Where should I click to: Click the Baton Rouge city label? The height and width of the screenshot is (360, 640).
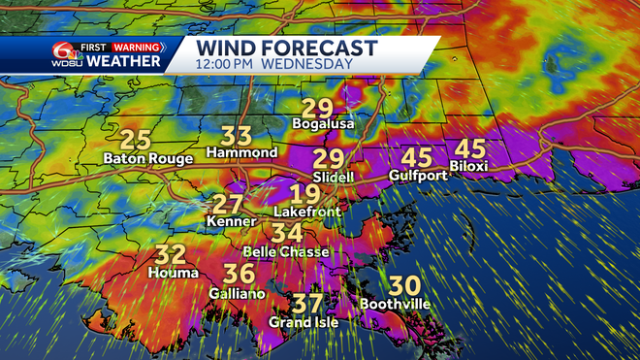coord(147,158)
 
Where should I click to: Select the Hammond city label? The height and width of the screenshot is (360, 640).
coord(241,153)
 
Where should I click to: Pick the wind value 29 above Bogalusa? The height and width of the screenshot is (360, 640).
coord(317,108)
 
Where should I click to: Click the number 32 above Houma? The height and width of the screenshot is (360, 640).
coord(171,256)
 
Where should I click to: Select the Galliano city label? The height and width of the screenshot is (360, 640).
coord(238,293)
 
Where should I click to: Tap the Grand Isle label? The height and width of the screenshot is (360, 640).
coord(304,322)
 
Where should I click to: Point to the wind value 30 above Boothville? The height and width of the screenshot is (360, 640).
coord(403,286)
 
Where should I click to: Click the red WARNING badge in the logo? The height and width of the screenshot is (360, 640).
coord(136,46)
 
